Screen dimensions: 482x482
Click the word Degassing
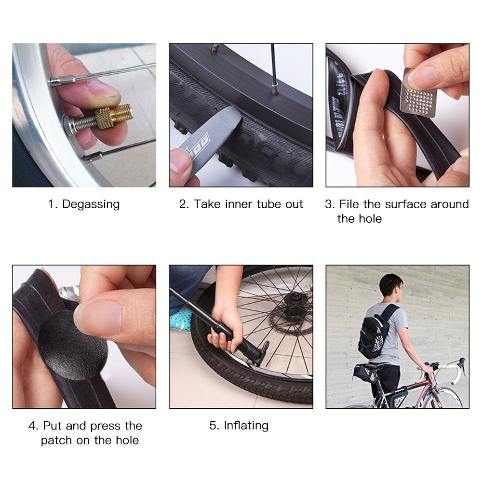(91, 204)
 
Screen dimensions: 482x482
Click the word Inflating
(246, 426)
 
